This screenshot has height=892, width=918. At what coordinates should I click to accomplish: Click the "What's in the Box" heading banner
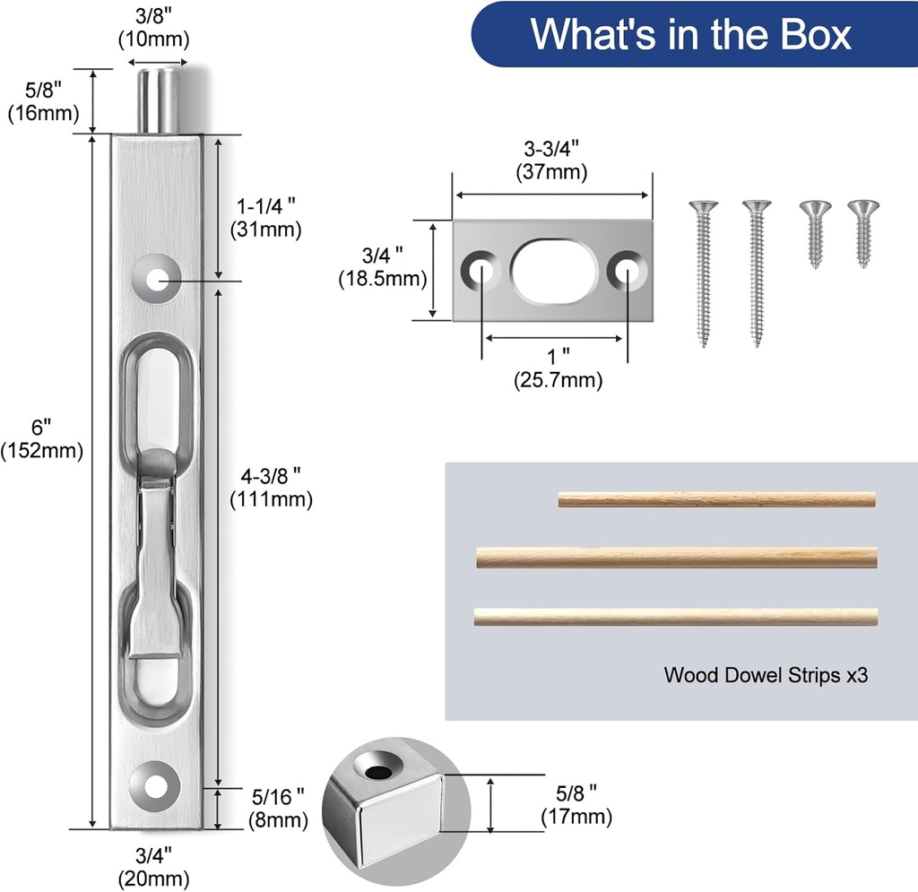tap(690, 34)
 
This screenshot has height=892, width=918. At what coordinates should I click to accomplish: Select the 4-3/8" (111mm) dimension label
tap(271, 487)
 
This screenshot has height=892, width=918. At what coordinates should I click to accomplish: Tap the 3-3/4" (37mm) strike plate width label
tap(550, 159)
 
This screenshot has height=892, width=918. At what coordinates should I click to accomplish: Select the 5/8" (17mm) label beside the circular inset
tap(576, 804)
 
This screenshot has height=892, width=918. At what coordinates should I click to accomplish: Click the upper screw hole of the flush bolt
tap(158, 279)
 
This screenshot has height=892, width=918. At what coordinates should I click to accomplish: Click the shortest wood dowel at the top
tap(715, 499)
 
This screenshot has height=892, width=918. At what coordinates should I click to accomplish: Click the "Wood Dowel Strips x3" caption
tap(766, 675)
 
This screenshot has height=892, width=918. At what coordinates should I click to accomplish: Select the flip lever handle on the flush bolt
tap(158, 556)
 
